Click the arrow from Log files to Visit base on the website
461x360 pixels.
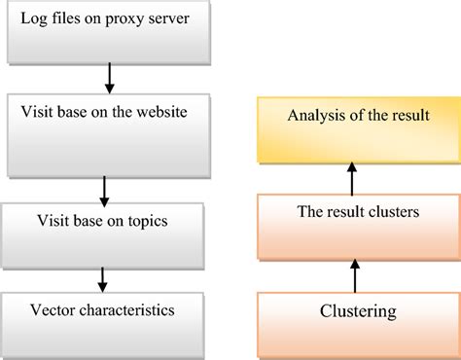pyautogui.click(x=110, y=76)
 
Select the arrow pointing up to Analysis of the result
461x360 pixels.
pyautogui.click(x=353, y=179)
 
